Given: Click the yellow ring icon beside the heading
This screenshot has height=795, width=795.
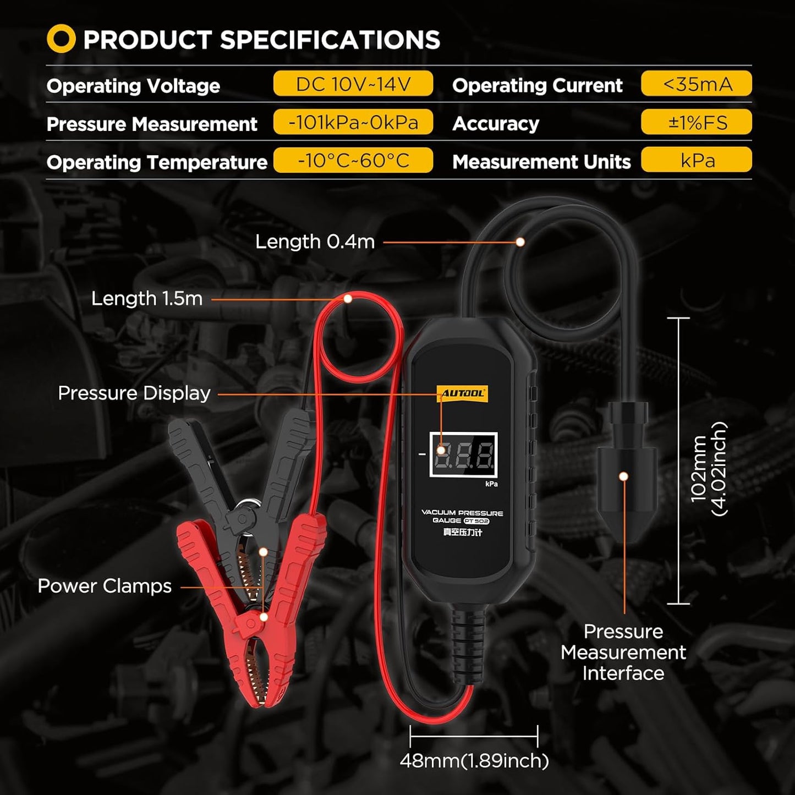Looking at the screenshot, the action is [61, 39].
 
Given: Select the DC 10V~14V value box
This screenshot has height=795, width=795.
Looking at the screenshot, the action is [353, 83].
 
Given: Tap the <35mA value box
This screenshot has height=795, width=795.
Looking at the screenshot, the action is [697, 83].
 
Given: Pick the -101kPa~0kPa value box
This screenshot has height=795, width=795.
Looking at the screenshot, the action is [353, 122].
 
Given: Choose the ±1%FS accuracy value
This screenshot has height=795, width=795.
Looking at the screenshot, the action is [697, 122].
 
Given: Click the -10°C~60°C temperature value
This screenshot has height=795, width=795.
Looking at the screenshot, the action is [353, 160].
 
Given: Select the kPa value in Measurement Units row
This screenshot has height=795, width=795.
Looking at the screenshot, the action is [697, 160].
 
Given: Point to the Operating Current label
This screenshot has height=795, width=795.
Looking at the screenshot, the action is [537, 86].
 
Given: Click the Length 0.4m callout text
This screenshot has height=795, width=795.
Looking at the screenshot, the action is [315, 242].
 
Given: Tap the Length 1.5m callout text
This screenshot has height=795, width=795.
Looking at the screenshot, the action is [147, 298].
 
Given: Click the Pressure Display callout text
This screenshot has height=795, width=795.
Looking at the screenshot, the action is [134, 393].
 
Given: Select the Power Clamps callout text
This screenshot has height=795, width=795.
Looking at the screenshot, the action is [105, 586].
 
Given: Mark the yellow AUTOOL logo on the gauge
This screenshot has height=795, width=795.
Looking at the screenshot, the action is [463, 393].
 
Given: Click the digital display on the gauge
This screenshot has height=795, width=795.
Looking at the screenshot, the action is [463, 454].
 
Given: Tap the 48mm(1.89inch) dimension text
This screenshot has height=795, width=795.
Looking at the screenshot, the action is [474, 761].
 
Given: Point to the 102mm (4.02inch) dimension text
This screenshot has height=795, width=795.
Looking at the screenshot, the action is [708, 469].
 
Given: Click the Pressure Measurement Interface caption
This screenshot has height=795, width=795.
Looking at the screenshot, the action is [623, 653].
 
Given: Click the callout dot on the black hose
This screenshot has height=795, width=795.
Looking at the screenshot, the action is [520, 242].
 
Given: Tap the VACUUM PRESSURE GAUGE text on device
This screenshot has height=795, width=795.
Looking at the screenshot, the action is [462, 517].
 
